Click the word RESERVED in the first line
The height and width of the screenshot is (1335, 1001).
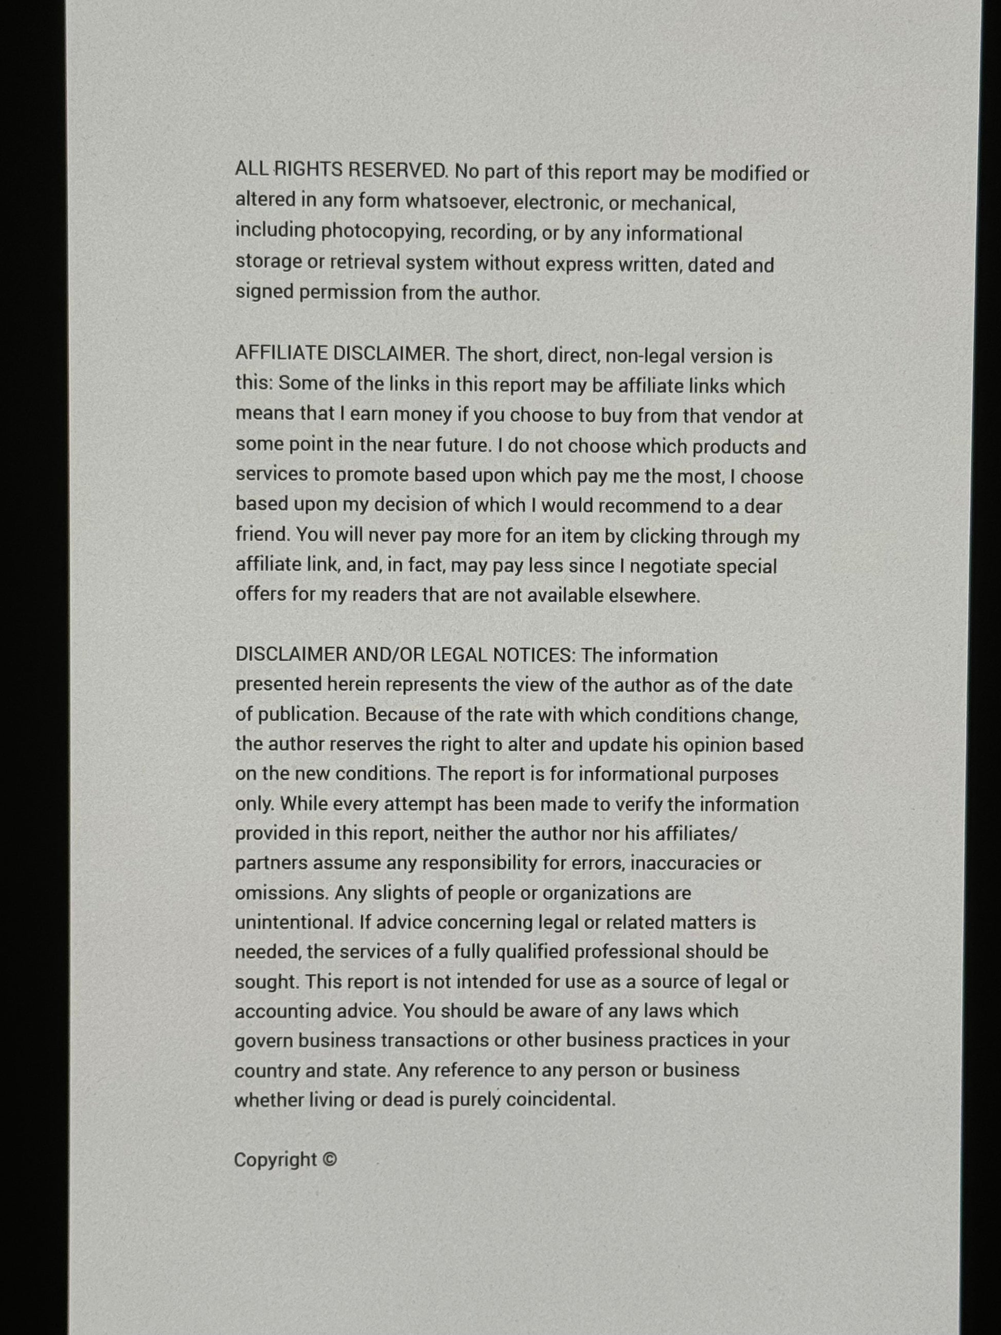point(398,170)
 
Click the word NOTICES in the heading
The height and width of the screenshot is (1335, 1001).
point(534,655)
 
